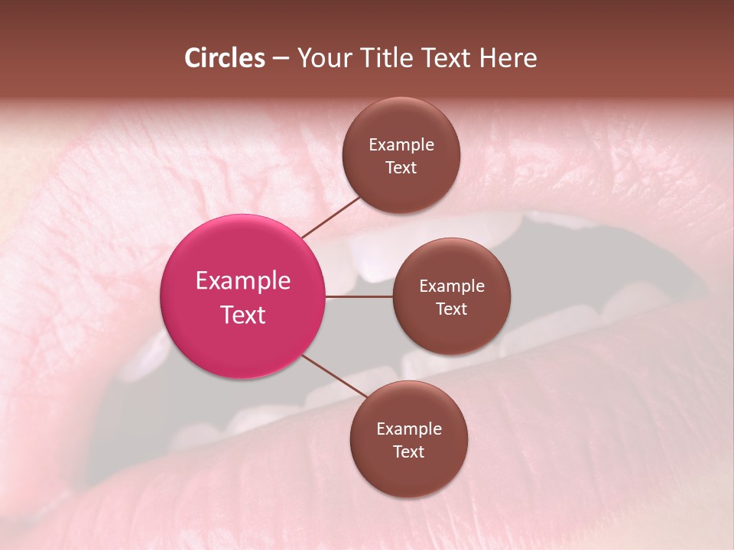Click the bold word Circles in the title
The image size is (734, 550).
click(x=225, y=58)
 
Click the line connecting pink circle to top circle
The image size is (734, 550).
click(x=331, y=217)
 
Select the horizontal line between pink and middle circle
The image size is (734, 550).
click(x=359, y=296)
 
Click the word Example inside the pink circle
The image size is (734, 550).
click(x=243, y=281)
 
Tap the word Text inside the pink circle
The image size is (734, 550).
click(x=243, y=315)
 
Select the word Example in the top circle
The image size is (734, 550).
click(x=401, y=145)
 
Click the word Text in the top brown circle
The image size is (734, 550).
click(x=401, y=167)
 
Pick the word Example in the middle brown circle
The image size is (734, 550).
click(x=452, y=286)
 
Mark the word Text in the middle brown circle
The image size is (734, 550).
click(x=452, y=309)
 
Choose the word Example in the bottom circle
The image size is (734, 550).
click(x=409, y=429)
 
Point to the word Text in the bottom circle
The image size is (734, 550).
click(x=409, y=451)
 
